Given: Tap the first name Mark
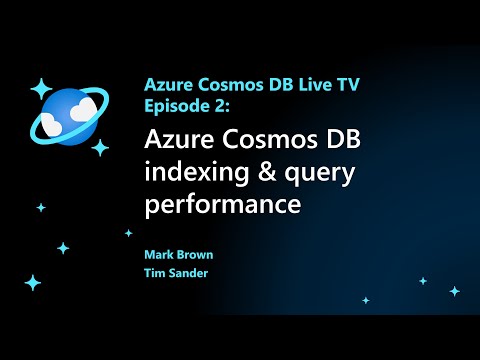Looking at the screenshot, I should [x=160, y=255].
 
